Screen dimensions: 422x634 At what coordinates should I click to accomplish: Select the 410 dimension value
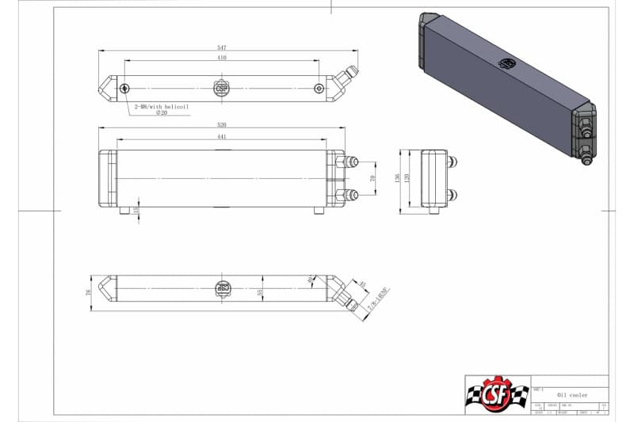pos(222,59)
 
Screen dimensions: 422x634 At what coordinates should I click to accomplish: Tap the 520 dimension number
pos(222,125)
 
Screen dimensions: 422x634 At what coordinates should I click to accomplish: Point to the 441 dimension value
pos(222,137)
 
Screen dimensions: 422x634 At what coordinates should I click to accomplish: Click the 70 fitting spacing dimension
pos(372,179)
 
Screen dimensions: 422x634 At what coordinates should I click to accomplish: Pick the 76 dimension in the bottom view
pos(90,292)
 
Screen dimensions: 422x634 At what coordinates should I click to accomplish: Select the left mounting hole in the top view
pos(125,88)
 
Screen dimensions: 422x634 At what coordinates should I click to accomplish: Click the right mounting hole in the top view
pos(319,88)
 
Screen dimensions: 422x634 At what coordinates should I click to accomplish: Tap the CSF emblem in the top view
pos(222,88)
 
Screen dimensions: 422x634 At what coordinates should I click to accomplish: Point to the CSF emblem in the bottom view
pos(223,288)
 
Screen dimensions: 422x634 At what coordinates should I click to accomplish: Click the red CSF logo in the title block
pos(496,393)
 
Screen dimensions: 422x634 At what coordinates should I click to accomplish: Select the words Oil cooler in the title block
pos(572,393)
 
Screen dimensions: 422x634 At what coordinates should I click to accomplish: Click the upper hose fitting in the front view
pos(349,162)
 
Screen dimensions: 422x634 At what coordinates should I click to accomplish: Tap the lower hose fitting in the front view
pos(349,195)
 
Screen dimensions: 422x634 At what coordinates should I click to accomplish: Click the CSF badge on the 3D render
pos(506,63)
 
